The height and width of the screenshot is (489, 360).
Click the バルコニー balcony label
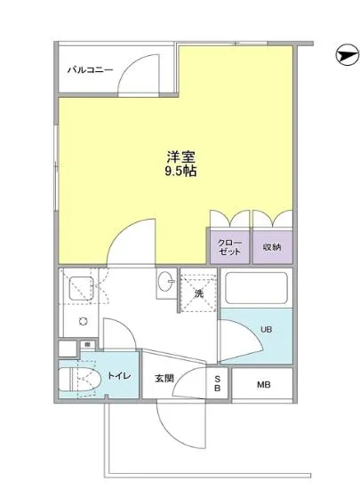click(x=91, y=70)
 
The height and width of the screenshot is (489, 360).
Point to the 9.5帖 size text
click(x=179, y=171)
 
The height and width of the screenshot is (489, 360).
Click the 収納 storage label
click(x=272, y=247)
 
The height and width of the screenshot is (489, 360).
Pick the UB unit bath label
click(x=266, y=329)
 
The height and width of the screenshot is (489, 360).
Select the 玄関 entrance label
click(x=164, y=379)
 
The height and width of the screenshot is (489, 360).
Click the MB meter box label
click(x=264, y=384)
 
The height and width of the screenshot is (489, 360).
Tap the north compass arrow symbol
click(x=345, y=55)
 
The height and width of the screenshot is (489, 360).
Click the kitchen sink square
click(x=81, y=287)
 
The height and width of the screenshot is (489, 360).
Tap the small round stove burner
click(x=82, y=321)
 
